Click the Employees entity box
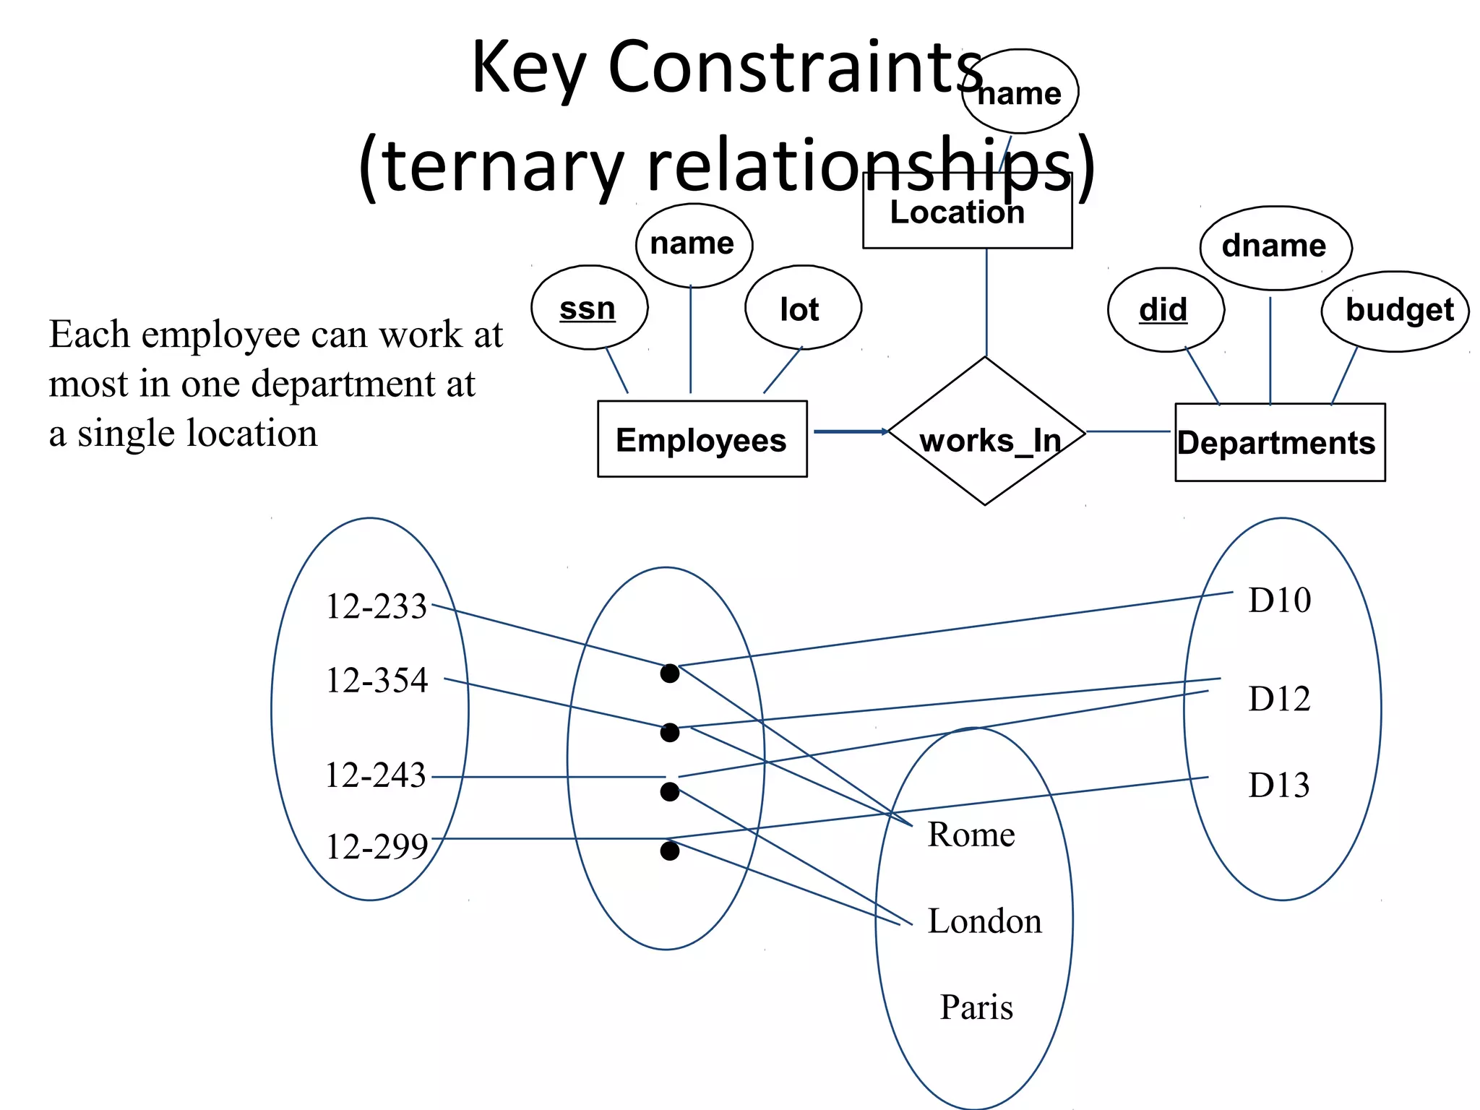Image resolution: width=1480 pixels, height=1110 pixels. tap(702, 439)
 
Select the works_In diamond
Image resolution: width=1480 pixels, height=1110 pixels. tap(986, 432)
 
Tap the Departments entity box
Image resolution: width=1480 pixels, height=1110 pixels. tap(1279, 442)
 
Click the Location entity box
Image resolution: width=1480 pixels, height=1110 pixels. tap(967, 211)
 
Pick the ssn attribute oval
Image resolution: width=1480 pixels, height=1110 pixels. tap(589, 308)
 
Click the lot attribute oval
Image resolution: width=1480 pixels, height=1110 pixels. tap(802, 308)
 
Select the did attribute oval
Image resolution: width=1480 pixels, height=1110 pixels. tap(1165, 310)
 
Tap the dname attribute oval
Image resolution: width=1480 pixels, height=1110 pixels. tap(1275, 247)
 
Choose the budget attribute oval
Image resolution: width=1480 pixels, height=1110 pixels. tap(1395, 311)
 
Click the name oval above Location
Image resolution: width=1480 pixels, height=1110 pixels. tap(1020, 92)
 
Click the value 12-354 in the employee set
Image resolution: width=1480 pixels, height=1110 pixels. tap(377, 680)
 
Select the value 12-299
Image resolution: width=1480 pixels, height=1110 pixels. tap(377, 846)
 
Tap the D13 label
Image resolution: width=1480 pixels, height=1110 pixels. tap(1278, 785)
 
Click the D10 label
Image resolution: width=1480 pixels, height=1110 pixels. tap(1279, 600)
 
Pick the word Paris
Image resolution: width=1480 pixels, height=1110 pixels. tap(976, 1007)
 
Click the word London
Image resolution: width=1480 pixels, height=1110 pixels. tap(984, 921)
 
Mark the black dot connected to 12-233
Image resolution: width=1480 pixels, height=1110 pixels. tap(670, 674)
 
